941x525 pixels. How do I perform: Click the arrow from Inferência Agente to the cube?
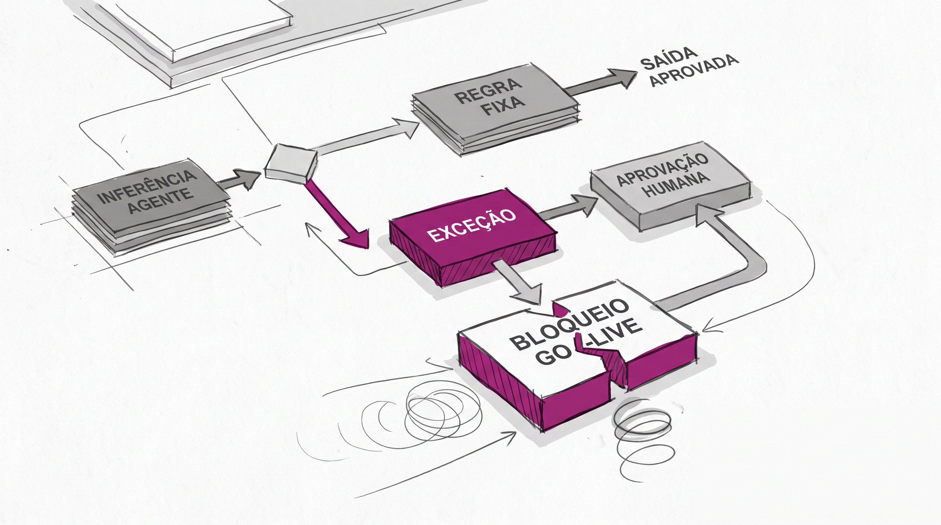pos(240,179)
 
